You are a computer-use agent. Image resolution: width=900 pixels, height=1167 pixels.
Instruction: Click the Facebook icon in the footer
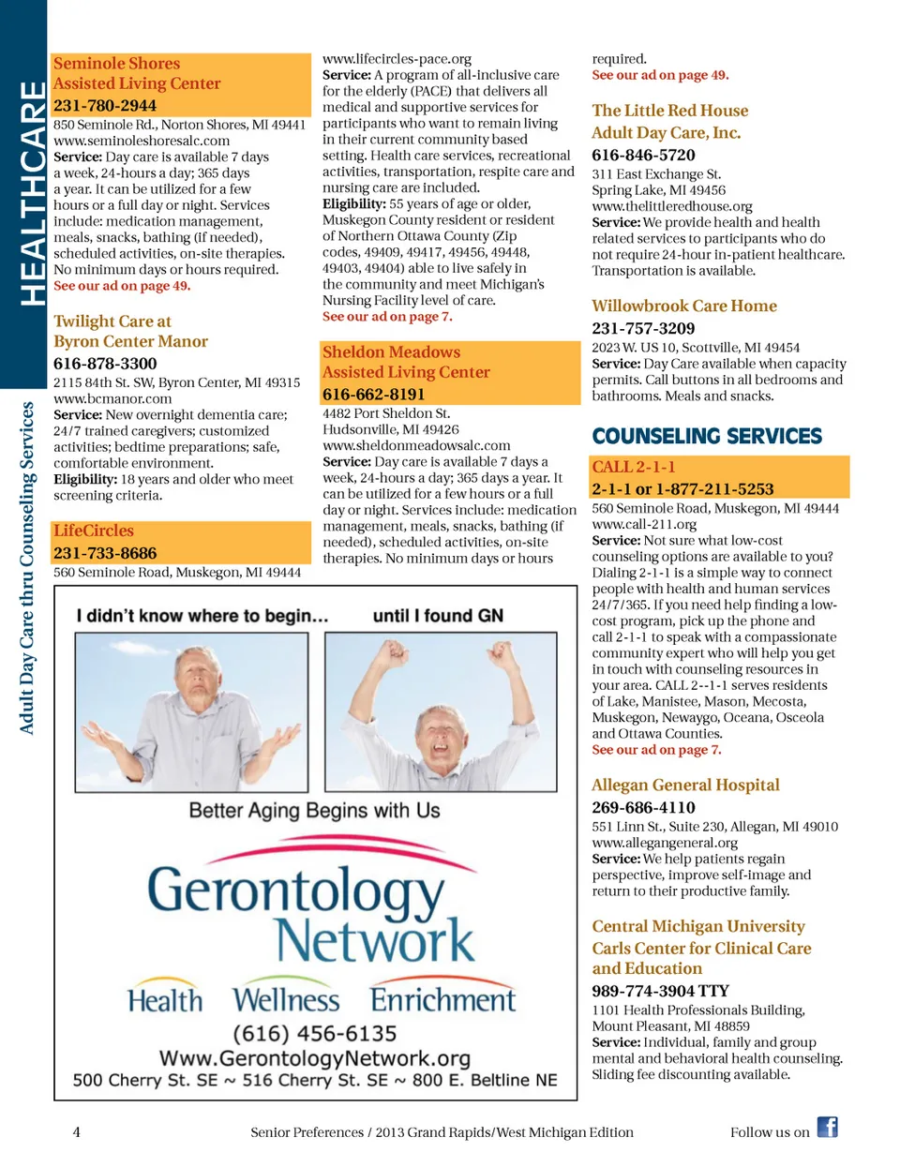[x=827, y=1127]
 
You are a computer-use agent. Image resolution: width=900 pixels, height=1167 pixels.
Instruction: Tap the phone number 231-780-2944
[x=105, y=105]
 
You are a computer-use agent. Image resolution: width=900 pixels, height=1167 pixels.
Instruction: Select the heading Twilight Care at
[x=112, y=322]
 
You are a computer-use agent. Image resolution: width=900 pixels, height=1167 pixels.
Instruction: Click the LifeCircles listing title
[x=94, y=531]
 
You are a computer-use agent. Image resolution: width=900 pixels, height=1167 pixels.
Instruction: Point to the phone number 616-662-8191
[x=374, y=394]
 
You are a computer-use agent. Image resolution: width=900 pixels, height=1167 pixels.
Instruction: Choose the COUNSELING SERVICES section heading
[x=707, y=436]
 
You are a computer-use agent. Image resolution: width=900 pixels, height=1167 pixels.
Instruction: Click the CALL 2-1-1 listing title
[x=634, y=467]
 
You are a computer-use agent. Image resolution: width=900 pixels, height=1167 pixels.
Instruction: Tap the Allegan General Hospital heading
[x=685, y=785]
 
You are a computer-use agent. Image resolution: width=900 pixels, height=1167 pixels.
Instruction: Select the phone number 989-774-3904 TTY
[x=660, y=991]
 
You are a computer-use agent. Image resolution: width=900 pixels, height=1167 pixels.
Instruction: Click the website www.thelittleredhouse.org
[x=672, y=206]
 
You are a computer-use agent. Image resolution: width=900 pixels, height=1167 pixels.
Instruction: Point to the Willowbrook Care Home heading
[x=684, y=307]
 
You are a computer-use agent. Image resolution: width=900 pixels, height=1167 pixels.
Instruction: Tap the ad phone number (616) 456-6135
[x=315, y=1034]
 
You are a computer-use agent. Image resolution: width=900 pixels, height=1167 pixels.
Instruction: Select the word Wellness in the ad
[x=287, y=1000]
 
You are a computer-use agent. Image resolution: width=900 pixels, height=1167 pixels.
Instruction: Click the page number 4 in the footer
[x=77, y=1132]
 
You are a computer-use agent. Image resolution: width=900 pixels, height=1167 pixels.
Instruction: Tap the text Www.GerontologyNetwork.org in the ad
[x=315, y=1058]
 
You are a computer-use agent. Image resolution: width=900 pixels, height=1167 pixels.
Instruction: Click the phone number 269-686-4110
[x=643, y=808]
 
